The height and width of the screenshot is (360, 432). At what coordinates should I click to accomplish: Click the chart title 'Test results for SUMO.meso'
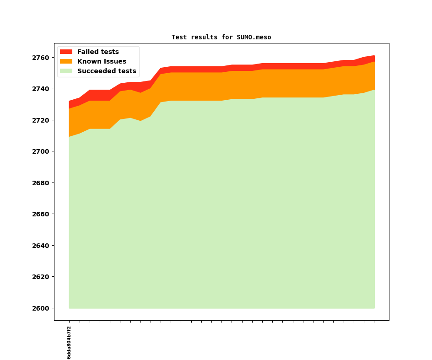point(221,37)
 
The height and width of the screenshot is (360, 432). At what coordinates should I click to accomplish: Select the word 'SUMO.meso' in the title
point(254,37)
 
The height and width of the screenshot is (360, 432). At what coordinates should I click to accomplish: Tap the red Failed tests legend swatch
point(66,52)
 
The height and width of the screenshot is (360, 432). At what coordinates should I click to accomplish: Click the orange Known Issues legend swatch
point(66,61)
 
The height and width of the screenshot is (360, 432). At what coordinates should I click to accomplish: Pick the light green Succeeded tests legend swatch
point(66,71)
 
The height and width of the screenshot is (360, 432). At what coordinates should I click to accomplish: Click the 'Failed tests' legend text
point(98,52)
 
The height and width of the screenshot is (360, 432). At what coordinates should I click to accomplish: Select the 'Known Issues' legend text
point(102,61)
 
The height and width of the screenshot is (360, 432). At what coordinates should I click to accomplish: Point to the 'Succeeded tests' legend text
point(107,71)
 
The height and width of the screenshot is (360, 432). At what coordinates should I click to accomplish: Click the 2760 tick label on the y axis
point(41,58)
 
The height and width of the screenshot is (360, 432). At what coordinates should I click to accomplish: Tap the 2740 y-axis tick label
point(41,89)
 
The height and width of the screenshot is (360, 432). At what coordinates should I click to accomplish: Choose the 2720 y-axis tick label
point(41,120)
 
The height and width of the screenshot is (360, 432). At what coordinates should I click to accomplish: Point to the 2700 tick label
point(41,151)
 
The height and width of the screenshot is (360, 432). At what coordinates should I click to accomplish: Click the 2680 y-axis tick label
point(41,183)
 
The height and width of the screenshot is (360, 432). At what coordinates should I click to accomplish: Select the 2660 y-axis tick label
point(41,214)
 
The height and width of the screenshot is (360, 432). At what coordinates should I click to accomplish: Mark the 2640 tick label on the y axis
point(41,246)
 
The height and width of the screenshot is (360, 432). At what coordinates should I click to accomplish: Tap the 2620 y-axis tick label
point(41,277)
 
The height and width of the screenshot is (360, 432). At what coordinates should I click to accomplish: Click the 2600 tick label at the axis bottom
point(41,308)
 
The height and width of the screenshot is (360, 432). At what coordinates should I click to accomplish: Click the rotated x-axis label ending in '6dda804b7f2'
point(69,343)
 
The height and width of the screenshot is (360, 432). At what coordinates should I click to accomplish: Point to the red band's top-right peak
point(374,56)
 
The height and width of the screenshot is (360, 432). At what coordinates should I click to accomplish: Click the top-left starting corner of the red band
point(69,101)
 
